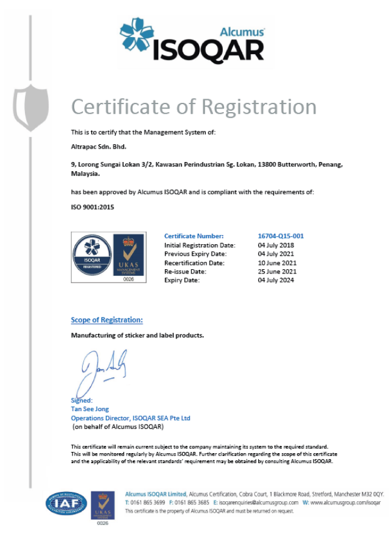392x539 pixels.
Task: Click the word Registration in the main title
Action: (x=258, y=107)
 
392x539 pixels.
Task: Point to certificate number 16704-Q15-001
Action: (x=281, y=236)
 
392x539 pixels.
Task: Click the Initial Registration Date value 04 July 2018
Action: (x=277, y=245)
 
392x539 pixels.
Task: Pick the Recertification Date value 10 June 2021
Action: (x=277, y=262)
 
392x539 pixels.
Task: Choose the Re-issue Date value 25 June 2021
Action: (x=277, y=271)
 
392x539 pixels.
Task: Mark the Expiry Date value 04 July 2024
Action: (x=277, y=280)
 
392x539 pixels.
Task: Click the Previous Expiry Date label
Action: (x=195, y=253)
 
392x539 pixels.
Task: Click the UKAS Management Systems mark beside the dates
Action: (x=128, y=256)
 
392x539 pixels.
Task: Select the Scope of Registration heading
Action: (x=107, y=320)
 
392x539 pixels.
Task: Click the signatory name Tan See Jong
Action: (x=90, y=409)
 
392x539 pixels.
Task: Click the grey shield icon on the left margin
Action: (x=30, y=107)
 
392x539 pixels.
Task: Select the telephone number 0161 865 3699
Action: (x=147, y=502)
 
